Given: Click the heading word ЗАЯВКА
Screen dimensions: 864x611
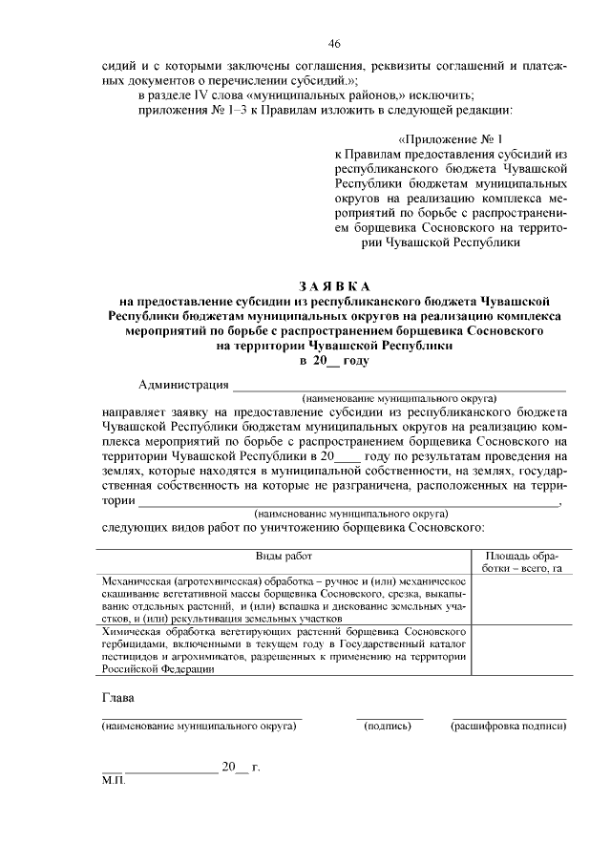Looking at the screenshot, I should click(x=334, y=286).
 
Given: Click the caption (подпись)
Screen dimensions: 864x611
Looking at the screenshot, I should click(x=389, y=727).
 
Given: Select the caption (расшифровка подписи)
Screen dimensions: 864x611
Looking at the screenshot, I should click(x=508, y=727).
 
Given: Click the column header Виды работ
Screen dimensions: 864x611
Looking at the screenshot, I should click(x=283, y=556).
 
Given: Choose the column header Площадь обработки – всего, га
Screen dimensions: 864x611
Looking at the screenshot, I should click(x=521, y=561).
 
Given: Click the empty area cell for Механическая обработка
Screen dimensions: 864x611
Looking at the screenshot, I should click(x=521, y=599).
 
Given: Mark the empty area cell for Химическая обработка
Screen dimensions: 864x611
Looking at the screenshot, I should click(x=521, y=650).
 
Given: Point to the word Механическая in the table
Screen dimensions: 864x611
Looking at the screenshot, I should click(x=134, y=580).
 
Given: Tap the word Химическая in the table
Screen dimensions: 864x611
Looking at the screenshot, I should click(x=131, y=632).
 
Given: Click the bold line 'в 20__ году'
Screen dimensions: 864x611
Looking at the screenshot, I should click(x=334, y=361).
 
